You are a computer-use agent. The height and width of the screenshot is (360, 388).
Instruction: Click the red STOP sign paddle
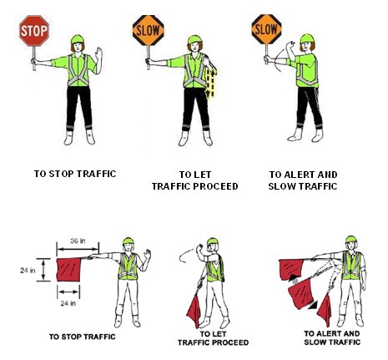[34, 31]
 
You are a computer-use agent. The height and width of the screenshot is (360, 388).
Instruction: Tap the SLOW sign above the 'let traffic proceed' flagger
[149, 30]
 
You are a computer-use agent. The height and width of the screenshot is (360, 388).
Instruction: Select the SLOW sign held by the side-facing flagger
[266, 29]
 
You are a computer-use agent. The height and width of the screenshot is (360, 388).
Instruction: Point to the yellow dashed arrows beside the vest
[211, 82]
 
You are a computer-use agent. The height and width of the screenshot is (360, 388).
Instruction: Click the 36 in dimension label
[78, 241]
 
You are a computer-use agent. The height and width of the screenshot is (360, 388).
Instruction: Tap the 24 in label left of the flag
[28, 270]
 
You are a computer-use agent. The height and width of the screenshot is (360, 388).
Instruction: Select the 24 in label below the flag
[68, 303]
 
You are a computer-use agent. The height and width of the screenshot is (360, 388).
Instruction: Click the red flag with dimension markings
[68, 270]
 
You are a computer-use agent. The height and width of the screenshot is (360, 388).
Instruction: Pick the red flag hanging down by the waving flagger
[194, 311]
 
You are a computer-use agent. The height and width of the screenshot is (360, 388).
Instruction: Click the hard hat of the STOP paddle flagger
[78, 39]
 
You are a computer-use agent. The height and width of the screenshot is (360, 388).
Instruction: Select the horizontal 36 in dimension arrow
[78, 249]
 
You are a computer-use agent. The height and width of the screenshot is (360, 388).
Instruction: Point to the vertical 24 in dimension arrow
[43, 270]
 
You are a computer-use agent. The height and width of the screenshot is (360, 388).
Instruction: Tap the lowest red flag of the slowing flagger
[325, 310]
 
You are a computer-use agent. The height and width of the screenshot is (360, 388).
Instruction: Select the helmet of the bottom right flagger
[351, 240]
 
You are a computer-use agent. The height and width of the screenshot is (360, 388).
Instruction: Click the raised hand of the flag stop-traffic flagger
[147, 255]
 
